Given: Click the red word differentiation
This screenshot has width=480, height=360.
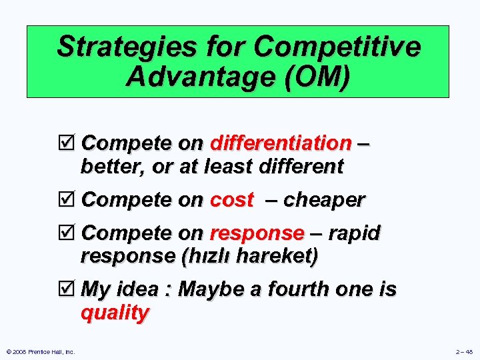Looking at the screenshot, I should [x=281, y=143].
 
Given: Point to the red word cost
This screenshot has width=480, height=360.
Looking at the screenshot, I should [x=231, y=200].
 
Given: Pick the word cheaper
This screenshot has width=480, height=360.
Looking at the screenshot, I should [x=325, y=200].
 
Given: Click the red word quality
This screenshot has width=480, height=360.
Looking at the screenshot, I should [x=115, y=312].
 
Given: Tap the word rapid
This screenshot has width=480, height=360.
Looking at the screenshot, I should [x=355, y=233].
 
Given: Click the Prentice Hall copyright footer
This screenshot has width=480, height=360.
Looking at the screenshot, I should [x=39, y=351].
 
